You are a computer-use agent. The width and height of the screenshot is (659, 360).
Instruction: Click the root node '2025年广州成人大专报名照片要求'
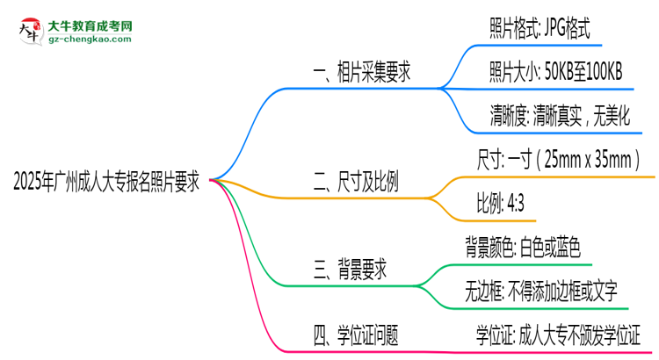[106, 183]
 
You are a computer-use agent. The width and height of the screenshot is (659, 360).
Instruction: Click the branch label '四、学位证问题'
[356, 334]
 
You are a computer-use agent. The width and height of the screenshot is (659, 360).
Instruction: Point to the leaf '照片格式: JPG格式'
[546, 30]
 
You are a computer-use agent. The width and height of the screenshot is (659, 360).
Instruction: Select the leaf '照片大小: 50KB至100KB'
[556, 73]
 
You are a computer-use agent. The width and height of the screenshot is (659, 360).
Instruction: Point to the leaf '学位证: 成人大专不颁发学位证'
[559, 334]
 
